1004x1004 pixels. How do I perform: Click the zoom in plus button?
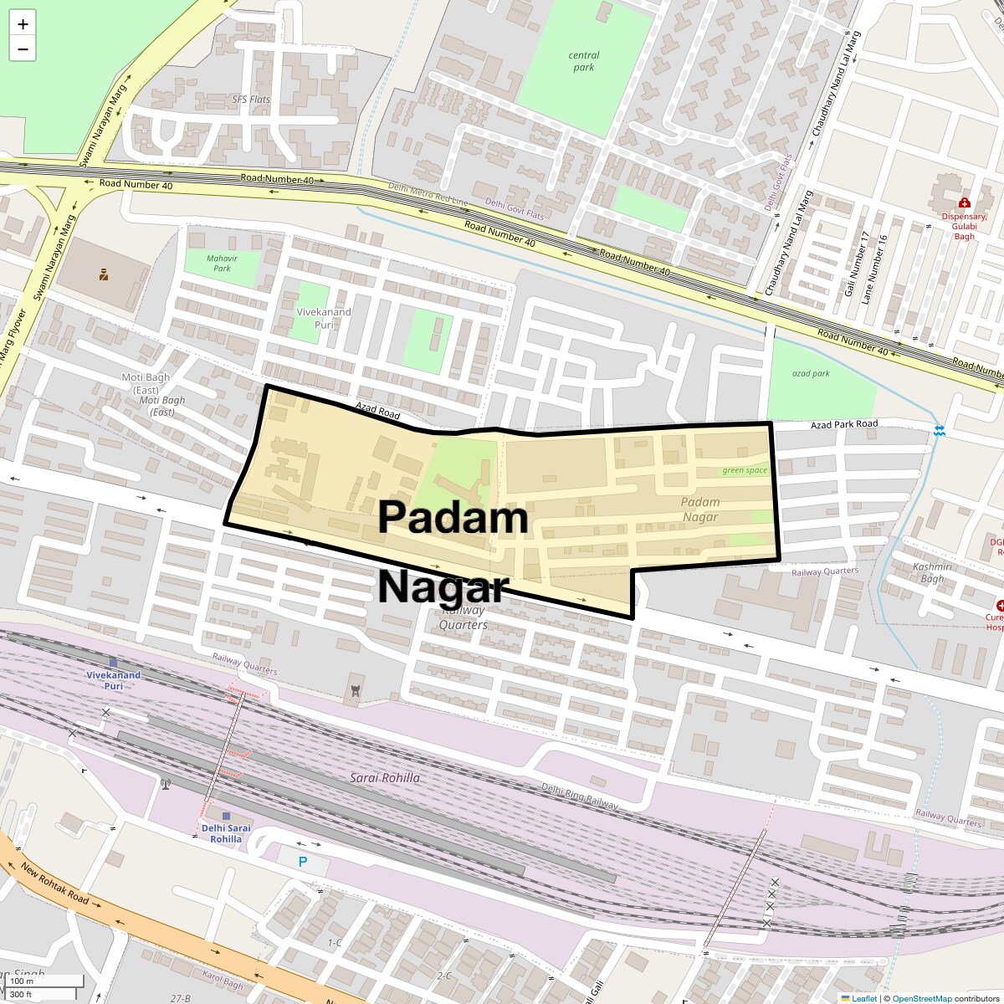[x=23, y=24]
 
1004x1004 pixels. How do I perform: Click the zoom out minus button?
[x=23, y=49]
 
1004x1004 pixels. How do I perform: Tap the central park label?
[x=584, y=61]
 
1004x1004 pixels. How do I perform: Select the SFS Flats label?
[x=251, y=100]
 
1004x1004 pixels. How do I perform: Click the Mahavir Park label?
[x=222, y=264]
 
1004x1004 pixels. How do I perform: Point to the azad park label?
[x=811, y=373]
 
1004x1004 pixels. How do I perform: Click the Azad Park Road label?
[x=844, y=424]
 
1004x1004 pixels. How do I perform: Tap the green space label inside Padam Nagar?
[x=745, y=470]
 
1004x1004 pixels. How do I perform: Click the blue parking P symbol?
[x=303, y=862]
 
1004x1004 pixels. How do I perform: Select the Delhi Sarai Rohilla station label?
[x=226, y=833]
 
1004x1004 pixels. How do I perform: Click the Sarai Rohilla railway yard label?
[x=385, y=778]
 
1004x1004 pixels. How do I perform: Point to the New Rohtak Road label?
[x=55, y=885]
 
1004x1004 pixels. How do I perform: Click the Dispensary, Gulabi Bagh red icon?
[x=964, y=202]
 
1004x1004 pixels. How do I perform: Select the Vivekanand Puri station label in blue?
[x=114, y=680]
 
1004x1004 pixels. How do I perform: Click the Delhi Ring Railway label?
[x=580, y=797]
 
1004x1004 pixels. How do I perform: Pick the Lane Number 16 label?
[x=880, y=269]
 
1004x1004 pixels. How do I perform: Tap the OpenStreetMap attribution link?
[x=921, y=998]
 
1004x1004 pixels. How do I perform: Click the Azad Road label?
[x=377, y=410]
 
